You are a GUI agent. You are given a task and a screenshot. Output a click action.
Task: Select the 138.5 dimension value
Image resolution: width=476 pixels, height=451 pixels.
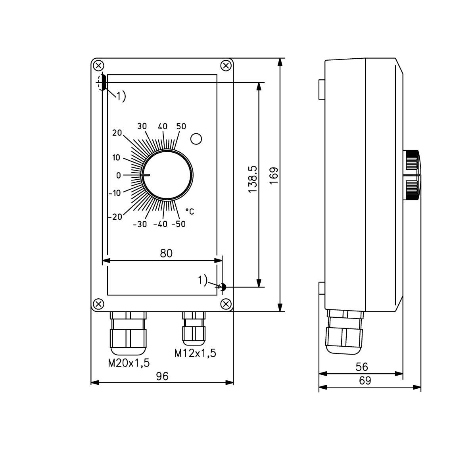pos(253,180)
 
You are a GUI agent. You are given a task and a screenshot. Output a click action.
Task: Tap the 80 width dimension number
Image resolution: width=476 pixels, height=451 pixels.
pos(166,253)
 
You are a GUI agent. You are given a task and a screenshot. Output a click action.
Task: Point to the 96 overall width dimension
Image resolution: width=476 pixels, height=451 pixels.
pos(162,376)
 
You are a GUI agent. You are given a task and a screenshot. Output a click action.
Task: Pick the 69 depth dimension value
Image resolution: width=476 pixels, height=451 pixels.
pos(365,381)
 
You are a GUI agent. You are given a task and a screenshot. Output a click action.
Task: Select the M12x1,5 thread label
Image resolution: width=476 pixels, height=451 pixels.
pos(195,353)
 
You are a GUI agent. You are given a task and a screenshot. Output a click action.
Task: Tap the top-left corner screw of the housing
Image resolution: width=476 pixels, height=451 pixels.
pos(99,65)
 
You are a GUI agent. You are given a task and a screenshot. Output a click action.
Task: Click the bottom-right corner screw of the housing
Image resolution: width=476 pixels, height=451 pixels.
pos(226,304)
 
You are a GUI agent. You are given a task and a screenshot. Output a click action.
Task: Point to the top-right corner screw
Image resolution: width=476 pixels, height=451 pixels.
pos(226,65)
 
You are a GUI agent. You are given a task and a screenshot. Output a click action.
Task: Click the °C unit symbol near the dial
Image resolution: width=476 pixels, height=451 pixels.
pos(190,211)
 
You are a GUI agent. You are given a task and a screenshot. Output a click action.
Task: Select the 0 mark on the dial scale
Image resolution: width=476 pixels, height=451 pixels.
pos(118,175)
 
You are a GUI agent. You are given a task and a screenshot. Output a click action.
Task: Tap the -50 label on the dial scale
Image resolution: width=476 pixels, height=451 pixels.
pos(178,224)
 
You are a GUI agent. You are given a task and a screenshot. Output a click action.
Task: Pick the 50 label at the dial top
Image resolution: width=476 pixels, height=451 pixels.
pos(181,126)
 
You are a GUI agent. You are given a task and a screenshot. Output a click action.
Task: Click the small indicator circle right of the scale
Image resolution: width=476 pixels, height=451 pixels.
pos(196,139)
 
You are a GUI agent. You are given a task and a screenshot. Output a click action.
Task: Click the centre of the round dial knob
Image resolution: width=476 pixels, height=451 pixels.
pos(167,175)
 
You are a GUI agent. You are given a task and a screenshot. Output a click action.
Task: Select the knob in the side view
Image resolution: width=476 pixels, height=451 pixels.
pos(412,175)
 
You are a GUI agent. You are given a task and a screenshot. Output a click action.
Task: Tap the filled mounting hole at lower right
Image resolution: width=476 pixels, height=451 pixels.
pos(223,287)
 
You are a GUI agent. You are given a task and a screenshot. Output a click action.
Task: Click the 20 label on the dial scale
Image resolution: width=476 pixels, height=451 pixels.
pos(117,133)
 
